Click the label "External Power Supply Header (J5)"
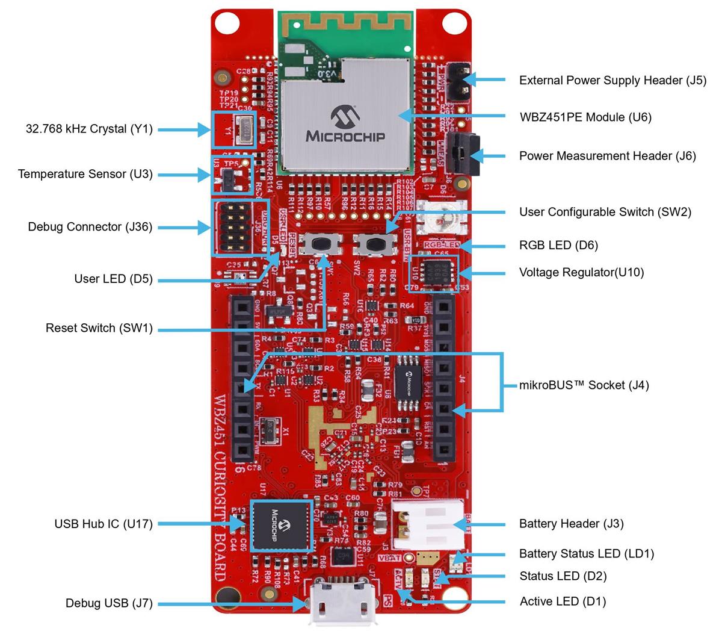tap(612, 80)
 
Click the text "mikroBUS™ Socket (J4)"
tap(584, 385)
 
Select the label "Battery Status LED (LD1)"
tap(586, 553)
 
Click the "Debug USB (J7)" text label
tap(109, 603)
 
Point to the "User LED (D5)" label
tap(113, 279)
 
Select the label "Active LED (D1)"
tap(563, 601)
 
